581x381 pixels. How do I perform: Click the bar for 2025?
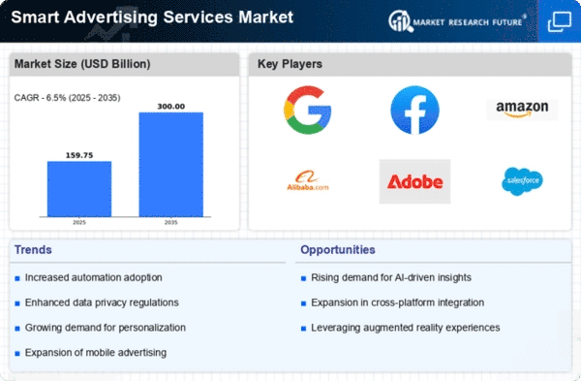pyautogui.click(x=79, y=189)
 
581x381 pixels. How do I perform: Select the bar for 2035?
pyautogui.click(x=170, y=165)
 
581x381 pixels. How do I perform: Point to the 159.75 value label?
pyautogui.click(x=79, y=155)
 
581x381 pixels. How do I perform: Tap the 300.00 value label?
pyautogui.click(x=170, y=107)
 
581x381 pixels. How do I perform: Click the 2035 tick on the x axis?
pyautogui.click(x=170, y=222)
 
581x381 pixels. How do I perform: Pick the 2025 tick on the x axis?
pyautogui.click(x=79, y=222)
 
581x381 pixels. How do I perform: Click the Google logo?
pyautogui.click(x=308, y=110)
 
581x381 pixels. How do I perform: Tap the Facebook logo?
pyautogui.click(x=415, y=110)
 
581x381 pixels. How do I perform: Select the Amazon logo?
pyautogui.click(x=522, y=110)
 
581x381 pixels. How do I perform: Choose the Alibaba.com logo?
pyautogui.click(x=308, y=180)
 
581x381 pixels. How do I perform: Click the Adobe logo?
pyautogui.click(x=415, y=181)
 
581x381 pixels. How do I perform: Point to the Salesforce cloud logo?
pyautogui.click(x=522, y=181)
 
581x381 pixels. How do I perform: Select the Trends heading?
pyautogui.click(x=33, y=250)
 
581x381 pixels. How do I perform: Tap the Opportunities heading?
pyautogui.click(x=338, y=250)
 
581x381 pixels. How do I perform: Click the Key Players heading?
pyautogui.click(x=290, y=64)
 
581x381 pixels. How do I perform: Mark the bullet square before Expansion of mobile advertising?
pyautogui.click(x=17, y=353)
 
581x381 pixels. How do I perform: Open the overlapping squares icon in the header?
pyautogui.click(x=560, y=21)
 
